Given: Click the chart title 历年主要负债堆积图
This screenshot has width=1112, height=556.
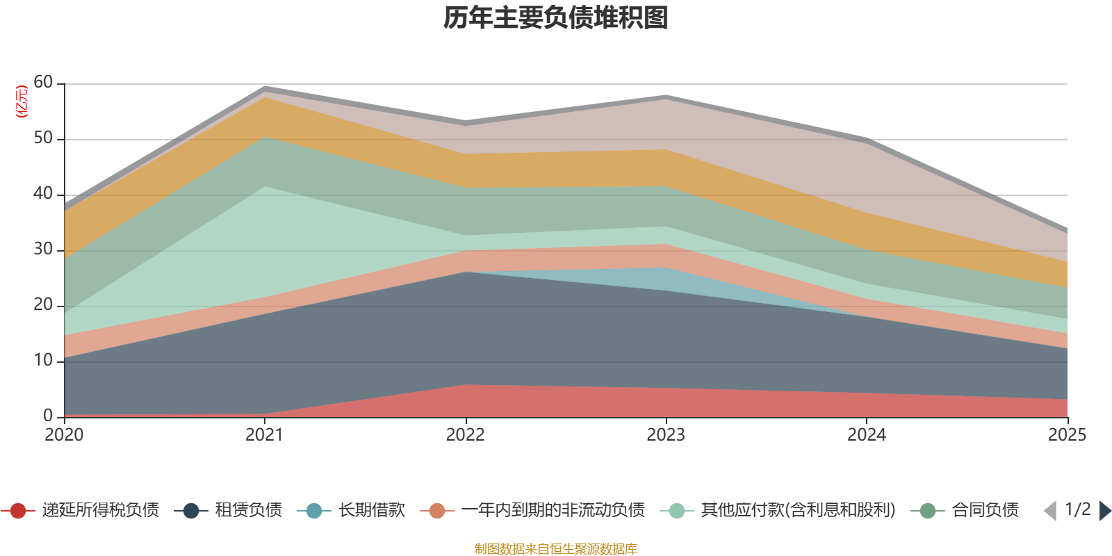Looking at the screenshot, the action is click(555, 18).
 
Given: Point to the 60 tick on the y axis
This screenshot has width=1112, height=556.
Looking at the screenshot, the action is click(43, 82).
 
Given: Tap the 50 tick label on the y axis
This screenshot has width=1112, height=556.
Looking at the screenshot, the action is click(43, 138).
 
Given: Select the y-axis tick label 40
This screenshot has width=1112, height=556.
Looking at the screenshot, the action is click(43, 193).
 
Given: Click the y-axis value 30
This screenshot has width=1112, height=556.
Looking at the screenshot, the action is click(43, 249).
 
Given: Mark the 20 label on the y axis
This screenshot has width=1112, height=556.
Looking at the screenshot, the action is click(43, 304).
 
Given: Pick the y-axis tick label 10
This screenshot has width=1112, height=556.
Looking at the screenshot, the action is click(43, 360).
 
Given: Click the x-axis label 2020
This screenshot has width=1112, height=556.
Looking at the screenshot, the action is click(64, 435).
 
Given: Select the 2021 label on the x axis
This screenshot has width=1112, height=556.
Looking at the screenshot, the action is click(265, 435).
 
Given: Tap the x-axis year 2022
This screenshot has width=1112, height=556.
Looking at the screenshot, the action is click(465, 435).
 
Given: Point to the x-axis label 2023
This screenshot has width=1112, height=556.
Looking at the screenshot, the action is click(666, 435).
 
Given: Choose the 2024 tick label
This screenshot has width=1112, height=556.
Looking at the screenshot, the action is click(867, 435).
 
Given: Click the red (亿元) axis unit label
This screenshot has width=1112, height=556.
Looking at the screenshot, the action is click(22, 101).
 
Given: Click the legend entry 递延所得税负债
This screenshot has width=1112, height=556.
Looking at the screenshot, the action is click(80, 510).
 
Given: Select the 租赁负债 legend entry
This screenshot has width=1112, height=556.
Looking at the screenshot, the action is click(229, 510).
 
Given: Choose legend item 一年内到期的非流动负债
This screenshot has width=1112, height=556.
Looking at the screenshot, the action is click(532, 510).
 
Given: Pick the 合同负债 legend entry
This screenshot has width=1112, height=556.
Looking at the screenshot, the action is click(965, 510).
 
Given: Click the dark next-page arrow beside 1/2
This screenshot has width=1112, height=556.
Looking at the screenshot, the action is click(1105, 510).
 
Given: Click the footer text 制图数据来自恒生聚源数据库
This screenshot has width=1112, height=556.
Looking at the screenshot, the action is click(555, 548).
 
